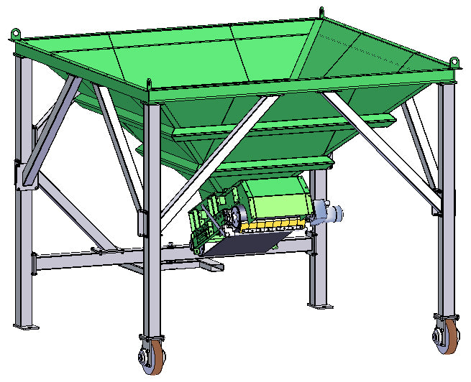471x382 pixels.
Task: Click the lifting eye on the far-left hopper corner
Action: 15,32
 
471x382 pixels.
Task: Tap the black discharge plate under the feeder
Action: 241,244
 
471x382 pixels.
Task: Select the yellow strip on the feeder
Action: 266,225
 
